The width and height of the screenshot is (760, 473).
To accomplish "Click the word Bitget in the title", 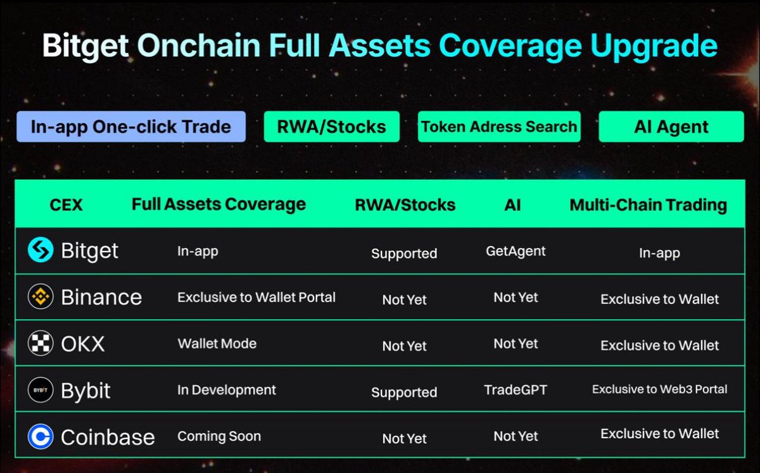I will pos(85,46).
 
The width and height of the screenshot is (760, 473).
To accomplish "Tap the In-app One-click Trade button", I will pos(130,127).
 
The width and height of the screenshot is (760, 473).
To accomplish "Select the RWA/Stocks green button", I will pos(331,127).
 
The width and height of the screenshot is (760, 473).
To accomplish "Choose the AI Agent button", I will pos(671,127).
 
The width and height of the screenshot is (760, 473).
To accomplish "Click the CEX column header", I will pos(66,205).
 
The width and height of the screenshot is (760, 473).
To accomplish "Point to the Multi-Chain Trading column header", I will pos(648,205).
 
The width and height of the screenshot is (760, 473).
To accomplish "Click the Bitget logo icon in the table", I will pos(41,251).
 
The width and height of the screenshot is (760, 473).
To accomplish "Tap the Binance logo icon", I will pos(41,297).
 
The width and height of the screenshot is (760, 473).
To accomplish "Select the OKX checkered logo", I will pos(41,344).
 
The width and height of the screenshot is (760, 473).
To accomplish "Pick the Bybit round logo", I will pos(41,390).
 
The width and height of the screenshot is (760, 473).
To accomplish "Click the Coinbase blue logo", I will pos(41,436).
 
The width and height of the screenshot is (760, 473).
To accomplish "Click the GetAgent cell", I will pos(516,251).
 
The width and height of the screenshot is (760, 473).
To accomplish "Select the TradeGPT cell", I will pos(516,390).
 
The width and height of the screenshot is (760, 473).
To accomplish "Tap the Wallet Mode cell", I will pos(217,344).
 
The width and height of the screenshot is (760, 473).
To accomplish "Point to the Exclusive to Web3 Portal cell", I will pos(659,389).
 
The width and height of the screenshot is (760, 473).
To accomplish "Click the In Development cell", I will pos(226,390).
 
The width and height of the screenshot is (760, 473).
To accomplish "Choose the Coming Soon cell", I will pos(218,436).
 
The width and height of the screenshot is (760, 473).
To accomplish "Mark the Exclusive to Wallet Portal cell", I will pos(256,297).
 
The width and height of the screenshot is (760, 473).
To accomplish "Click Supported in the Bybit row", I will pos(404,393).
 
